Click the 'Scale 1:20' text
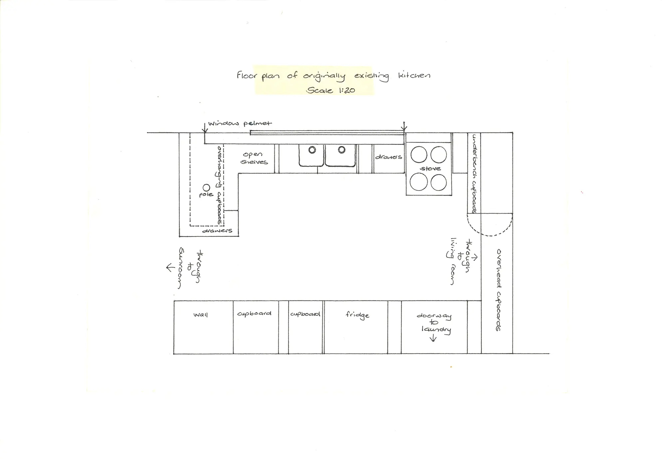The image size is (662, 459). [x=330, y=90]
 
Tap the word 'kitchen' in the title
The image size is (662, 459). [x=414, y=75]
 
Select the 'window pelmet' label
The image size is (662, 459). [x=240, y=124]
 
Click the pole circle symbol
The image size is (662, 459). [x=206, y=188]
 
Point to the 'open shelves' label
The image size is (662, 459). [x=254, y=158]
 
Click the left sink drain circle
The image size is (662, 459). [x=312, y=150]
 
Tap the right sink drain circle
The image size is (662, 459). [x=342, y=150]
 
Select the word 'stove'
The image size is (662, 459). [x=430, y=169]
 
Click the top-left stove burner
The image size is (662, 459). [x=419, y=155]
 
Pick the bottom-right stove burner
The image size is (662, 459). [x=439, y=183]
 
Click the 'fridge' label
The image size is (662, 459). [x=357, y=315]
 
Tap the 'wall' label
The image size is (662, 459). [x=200, y=314]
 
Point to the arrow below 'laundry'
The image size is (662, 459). [x=433, y=338]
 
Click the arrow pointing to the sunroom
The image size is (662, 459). [x=170, y=267]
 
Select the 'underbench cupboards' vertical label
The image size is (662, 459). [x=474, y=173]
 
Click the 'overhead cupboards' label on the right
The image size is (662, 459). [x=498, y=290]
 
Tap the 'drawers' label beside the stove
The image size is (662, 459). [x=388, y=157]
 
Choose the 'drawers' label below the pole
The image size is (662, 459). [x=217, y=230]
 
